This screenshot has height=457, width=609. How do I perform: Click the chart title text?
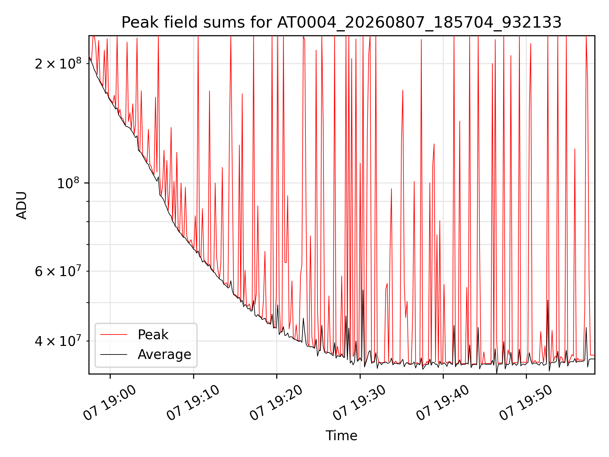[342, 23]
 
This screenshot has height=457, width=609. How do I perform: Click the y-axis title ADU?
[22, 205]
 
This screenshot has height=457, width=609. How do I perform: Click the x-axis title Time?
[342, 435]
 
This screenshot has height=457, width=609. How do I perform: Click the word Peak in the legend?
[153, 335]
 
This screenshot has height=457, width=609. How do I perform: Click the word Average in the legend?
[164, 354]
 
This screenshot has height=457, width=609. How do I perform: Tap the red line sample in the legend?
[114, 334]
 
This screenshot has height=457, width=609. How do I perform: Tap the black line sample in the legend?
[114, 354]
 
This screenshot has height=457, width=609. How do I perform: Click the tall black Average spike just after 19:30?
[363, 327]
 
